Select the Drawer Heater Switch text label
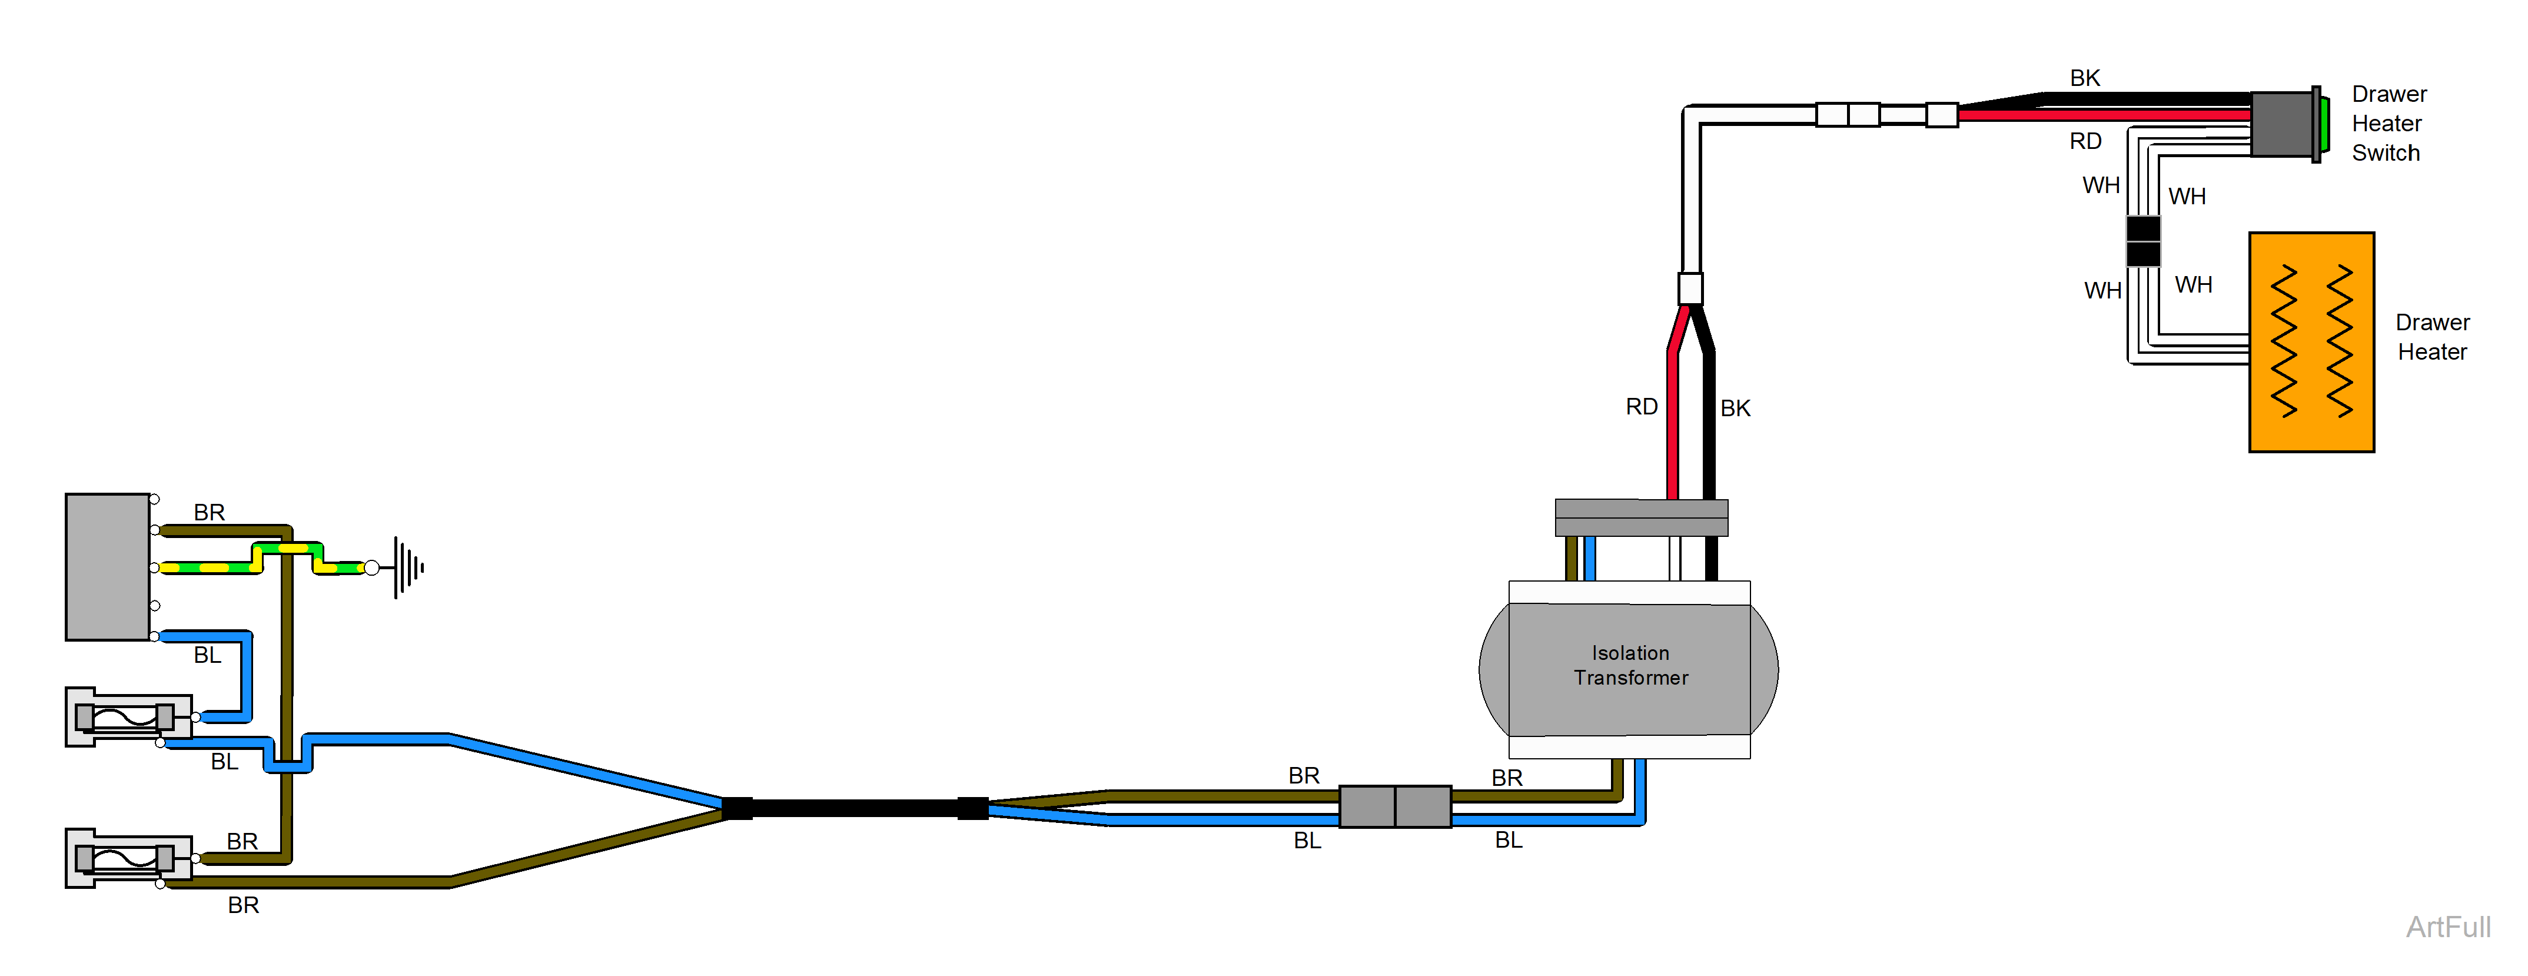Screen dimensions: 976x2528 [x=2388, y=124]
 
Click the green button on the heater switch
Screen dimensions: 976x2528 [x=2325, y=124]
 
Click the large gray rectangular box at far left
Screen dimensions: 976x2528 [x=108, y=566]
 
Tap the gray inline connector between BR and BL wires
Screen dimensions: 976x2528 [x=1394, y=806]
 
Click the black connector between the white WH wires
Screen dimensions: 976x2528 [x=2142, y=241]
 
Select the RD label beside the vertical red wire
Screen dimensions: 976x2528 [x=1641, y=407]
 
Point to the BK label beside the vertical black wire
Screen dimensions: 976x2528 [x=1735, y=409]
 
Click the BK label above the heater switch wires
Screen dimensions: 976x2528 [x=2084, y=78]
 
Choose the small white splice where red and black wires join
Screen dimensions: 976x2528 [x=1690, y=288]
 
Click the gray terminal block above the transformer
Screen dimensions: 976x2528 [x=1641, y=517]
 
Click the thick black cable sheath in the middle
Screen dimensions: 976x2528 [x=854, y=808]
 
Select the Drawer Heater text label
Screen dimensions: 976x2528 [x=2432, y=337]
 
